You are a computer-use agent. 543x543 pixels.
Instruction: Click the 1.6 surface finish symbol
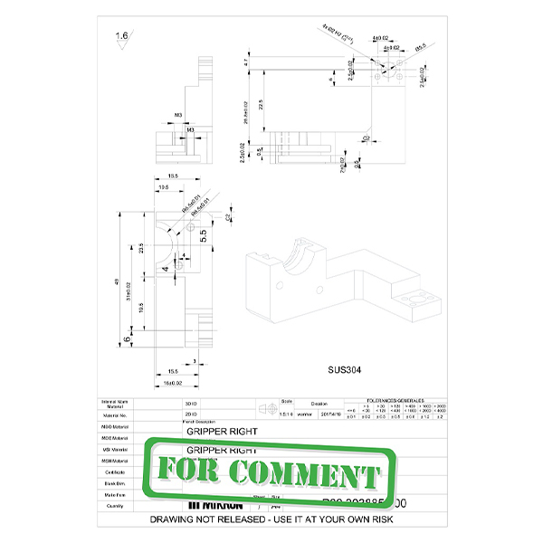click(120, 37)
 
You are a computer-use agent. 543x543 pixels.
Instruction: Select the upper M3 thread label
click(178, 116)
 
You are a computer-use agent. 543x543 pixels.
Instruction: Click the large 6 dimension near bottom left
click(126, 339)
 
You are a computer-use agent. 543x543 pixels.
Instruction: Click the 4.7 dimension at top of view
click(260, 62)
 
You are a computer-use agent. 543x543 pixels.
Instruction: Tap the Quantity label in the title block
click(115, 506)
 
